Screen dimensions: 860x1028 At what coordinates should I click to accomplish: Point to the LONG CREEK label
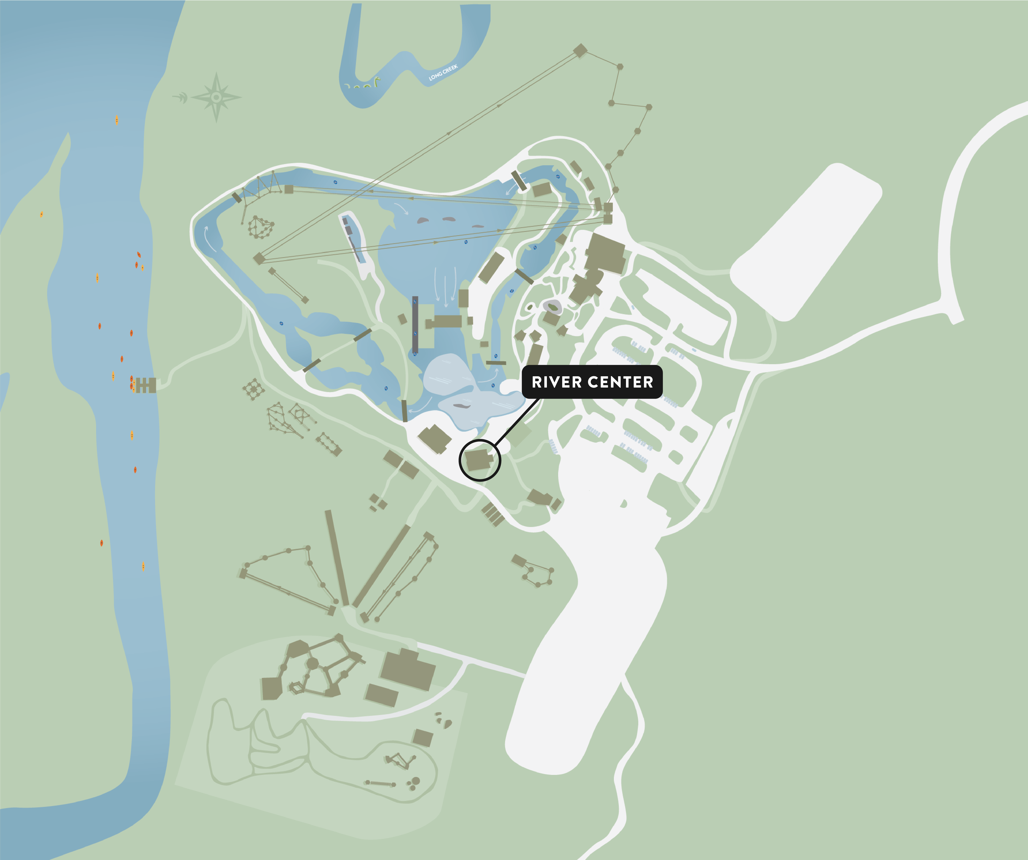tap(443, 72)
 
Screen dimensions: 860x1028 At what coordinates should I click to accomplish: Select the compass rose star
tap(216, 97)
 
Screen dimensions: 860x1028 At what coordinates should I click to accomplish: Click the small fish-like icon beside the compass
tap(181, 98)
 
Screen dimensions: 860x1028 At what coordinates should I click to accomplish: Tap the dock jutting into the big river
tap(145, 385)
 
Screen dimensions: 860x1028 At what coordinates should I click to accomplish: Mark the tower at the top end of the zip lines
tap(580, 50)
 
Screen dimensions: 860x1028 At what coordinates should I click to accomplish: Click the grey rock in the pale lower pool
tap(462, 405)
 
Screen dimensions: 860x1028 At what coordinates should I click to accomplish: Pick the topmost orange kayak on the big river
tap(117, 120)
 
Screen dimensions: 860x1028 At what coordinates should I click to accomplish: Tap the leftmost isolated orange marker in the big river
tap(42, 214)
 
